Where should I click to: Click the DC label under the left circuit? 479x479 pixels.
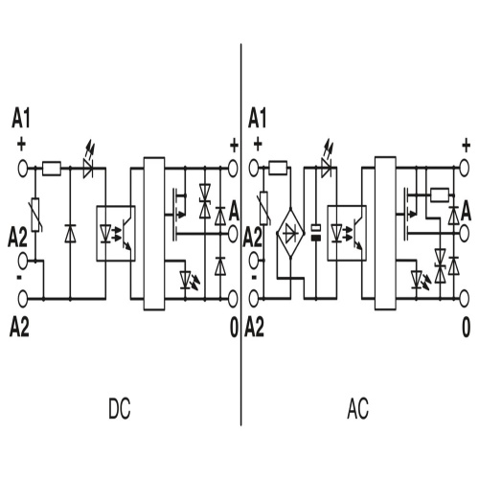120,409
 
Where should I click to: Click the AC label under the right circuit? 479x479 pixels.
357,409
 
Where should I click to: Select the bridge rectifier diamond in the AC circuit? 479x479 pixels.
290,233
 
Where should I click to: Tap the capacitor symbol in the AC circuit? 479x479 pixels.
316,233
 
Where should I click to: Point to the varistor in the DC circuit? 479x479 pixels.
35,215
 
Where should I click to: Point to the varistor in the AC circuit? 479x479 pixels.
264,209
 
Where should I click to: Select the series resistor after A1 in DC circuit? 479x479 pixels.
52,169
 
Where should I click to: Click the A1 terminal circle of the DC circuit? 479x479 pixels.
22,169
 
